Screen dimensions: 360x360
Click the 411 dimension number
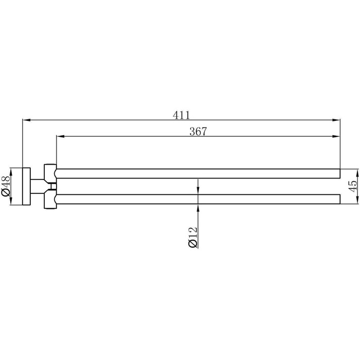click(x=182, y=115)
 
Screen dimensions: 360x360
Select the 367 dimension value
click(x=198, y=132)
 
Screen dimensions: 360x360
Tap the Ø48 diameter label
click(x=6, y=186)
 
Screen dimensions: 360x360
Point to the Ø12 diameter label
click(x=193, y=237)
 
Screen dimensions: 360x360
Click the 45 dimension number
click(x=352, y=186)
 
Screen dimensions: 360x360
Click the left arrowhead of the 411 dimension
click(x=26, y=120)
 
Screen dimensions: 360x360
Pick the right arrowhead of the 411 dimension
click(x=336, y=120)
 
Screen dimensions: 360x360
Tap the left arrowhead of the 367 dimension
click(x=60, y=136)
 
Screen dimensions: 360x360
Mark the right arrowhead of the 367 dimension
click(x=336, y=136)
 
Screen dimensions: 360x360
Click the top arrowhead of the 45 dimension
click(x=357, y=173)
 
